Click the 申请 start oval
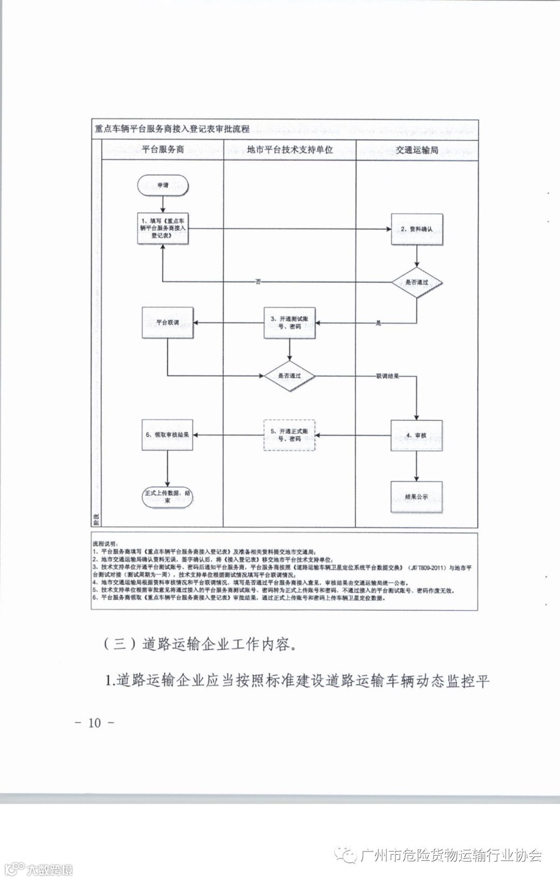coord(163,185)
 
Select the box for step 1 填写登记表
coord(163,228)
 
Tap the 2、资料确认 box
coord(417,229)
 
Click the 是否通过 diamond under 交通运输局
coord(417,282)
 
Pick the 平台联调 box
coord(167,322)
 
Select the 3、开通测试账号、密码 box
coord(289,323)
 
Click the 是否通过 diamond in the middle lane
coord(289,376)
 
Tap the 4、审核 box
coord(417,436)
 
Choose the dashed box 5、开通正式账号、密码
coord(289,435)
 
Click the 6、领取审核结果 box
coord(167,435)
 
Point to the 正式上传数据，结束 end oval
coord(167,497)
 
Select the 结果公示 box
coord(417,497)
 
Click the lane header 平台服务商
coord(163,150)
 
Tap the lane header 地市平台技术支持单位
coord(289,150)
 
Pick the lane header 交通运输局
coord(417,150)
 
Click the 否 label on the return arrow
coord(258,282)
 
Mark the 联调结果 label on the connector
coord(387,375)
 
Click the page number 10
coord(94,723)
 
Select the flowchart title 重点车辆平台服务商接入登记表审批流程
coord(172,129)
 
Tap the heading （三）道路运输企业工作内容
coord(200,644)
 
